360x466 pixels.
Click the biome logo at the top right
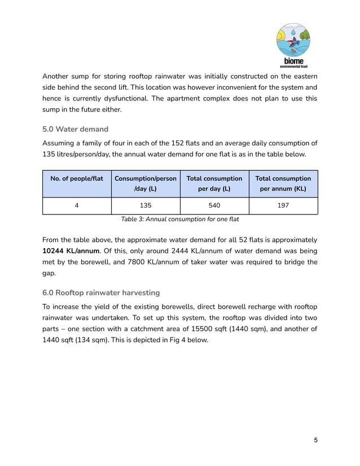[292, 45]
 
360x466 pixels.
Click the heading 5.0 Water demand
[75, 129]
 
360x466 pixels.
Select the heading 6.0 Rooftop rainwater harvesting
[101, 292]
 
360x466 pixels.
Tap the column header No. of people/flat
[77, 178]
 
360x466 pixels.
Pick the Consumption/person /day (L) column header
[146, 183]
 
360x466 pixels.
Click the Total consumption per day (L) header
[214, 183]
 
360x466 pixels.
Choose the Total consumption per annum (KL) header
[283, 183]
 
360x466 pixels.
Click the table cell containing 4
[77, 205]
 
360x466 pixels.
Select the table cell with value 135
[146, 205]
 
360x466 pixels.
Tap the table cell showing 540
[214, 205]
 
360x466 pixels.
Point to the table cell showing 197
[283, 205]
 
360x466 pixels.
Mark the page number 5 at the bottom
[315, 440]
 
